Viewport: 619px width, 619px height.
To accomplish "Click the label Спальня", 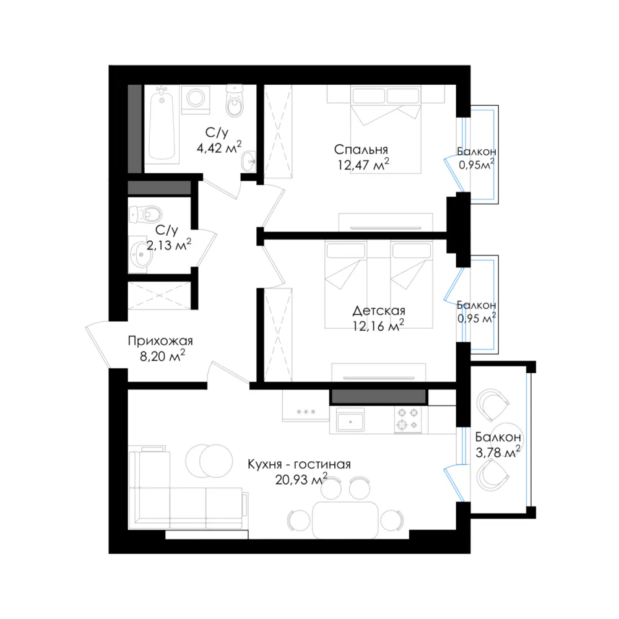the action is [x=361, y=150].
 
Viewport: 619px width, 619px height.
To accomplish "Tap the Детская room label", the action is [x=379, y=311].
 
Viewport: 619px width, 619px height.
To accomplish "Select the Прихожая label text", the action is [x=160, y=340].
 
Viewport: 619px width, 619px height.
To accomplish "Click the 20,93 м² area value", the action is [x=301, y=479].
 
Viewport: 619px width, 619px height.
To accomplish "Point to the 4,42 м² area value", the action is [x=219, y=148].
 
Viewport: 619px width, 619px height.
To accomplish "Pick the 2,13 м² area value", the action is [x=169, y=245].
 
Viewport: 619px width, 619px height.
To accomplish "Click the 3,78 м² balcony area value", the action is [x=498, y=452].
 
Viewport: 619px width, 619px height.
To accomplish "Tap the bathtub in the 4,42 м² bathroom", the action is [x=162, y=124].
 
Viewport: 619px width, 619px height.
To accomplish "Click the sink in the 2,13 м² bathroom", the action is [x=141, y=254].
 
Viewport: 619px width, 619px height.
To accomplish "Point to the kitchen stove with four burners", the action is [x=408, y=419].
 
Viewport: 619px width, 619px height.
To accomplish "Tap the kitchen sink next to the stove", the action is [x=350, y=420].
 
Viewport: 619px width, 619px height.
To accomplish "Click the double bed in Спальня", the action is [x=386, y=129].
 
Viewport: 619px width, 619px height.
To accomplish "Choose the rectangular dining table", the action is [x=345, y=521].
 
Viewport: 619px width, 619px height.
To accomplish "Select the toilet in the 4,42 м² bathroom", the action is [x=235, y=101].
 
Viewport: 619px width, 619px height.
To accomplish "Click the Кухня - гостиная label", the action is [x=299, y=464].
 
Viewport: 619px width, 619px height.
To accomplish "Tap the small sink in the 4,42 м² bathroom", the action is [x=248, y=161].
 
